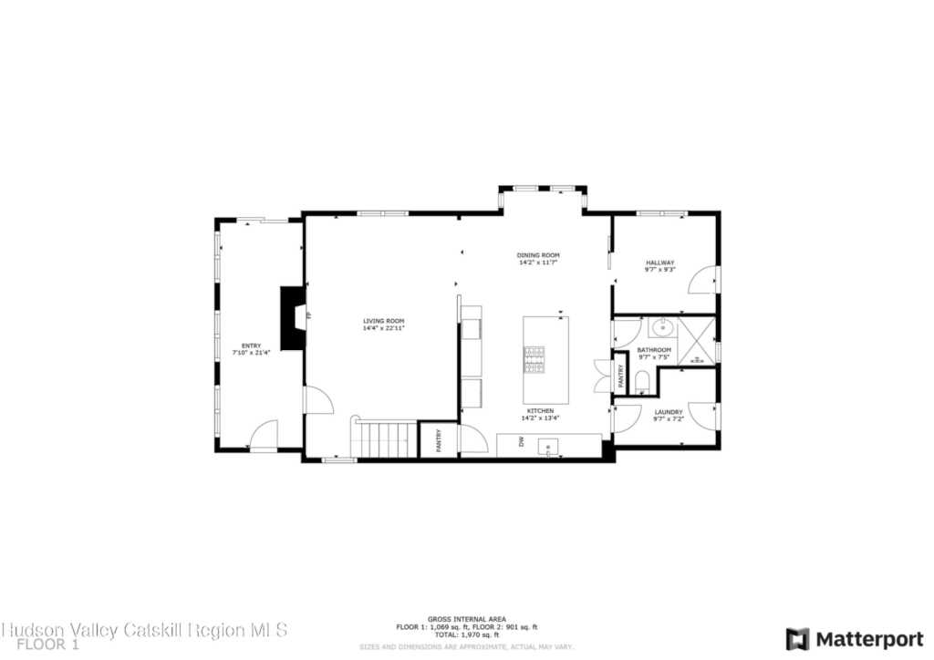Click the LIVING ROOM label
click(383, 321)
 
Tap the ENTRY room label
click(252, 345)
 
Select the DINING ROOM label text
click(538, 255)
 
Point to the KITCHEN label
click(539, 411)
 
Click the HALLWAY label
click(660, 263)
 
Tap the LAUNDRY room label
click(669, 412)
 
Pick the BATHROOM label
click(654, 350)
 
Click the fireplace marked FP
click(294, 317)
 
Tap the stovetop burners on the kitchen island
click(534, 359)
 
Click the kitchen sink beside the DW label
click(549, 447)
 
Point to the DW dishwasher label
click(522, 442)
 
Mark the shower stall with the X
click(698, 342)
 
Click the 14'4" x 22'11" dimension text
click(383, 328)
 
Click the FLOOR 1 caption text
click(42, 645)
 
